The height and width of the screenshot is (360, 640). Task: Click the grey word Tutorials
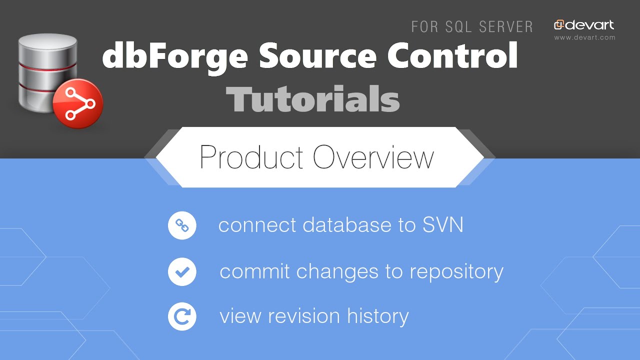[x=312, y=99]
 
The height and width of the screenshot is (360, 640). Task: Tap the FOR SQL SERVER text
[x=472, y=26]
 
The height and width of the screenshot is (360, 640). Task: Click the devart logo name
[x=589, y=25]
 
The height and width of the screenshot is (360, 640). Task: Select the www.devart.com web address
[x=584, y=37]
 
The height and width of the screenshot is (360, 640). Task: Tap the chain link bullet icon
[x=182, y=226]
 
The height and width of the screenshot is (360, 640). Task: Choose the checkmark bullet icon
[x=182, y=271]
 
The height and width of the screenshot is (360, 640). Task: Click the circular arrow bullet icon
[x=182, y=316]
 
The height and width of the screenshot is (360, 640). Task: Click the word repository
[x=456, y=271]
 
